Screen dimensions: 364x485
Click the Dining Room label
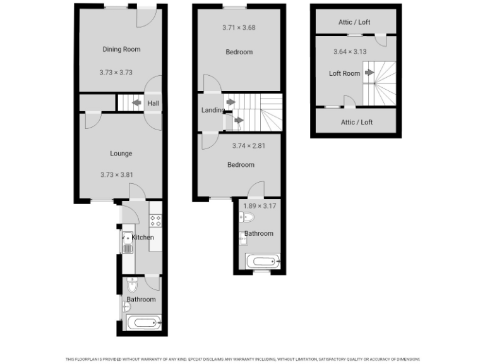point(121,49)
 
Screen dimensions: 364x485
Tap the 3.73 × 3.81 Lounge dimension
point(116,175)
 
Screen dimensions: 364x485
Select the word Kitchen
point(142,238)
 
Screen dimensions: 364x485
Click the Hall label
point(153,103)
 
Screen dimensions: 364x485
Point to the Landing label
point(213,110)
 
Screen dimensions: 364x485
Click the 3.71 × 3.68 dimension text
point(239,28)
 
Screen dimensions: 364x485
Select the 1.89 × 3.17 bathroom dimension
point(260,205)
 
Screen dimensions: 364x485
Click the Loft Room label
point(344,73)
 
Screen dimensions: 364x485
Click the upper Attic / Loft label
point(354,22)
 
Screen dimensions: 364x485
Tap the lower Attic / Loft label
point(357,122)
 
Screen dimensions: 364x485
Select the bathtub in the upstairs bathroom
point(261,261)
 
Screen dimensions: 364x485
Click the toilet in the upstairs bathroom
point(248,218)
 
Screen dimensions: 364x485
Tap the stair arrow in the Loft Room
point(369,73)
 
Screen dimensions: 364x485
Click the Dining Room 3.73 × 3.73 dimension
point(116,73)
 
